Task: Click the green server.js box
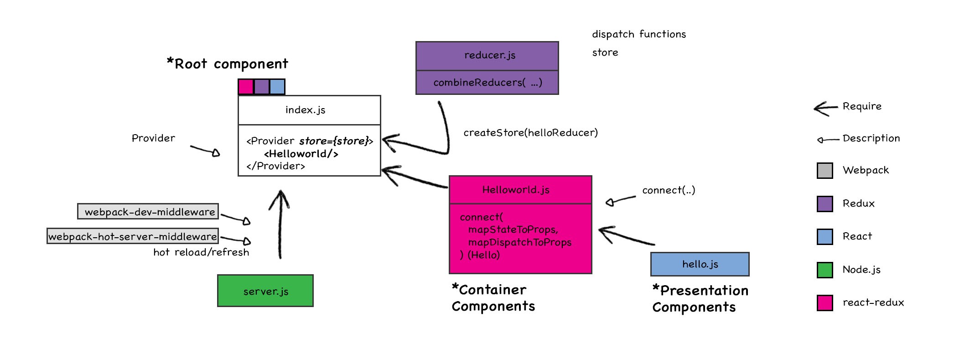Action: click(x=265, y=291)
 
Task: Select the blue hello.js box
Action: click(x=700, y=264)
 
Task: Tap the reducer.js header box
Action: click(x=487, y=56)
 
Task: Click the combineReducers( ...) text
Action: click(x=488, y=83)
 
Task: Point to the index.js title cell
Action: click(x=309, y=110)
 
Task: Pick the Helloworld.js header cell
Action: click(x=520, y=190)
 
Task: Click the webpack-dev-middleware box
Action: click(x=148, y=212)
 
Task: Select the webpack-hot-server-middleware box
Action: click(x=133, y=236)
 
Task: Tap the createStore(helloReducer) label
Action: click(x=530, y=133)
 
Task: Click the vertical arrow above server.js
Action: click(x=280, y=224)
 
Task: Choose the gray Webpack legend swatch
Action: click(x=825, y=171)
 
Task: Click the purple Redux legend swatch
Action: click(x=825, y=204)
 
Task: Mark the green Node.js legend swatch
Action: click(x=825, y=270)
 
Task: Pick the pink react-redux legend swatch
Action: click(x=825, y=303)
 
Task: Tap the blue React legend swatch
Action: click(x=825, y=237)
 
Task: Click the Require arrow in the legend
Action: click(x=825, y=108)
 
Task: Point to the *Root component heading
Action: click(x=228, y=64)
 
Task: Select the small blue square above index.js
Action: click(x=277, y=87)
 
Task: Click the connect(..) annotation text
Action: click(x=669, y=190)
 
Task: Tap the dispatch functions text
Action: click(x=638, y=34)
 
